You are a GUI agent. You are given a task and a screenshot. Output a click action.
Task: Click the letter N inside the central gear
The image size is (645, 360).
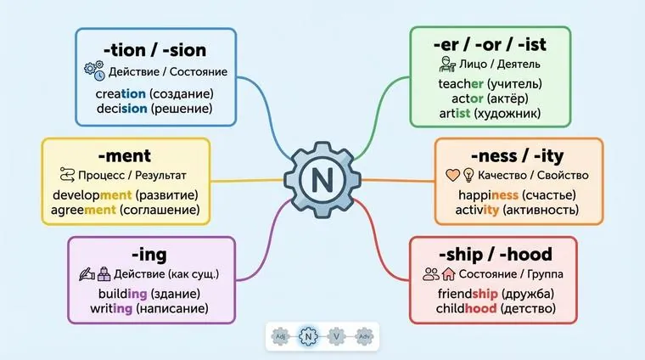[322, 180]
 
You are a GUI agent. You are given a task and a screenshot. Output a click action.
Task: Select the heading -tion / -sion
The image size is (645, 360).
[154, 50]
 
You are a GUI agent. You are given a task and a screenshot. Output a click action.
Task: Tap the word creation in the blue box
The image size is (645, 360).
[121, 93]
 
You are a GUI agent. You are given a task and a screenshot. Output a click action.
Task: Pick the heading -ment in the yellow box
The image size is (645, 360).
[124, 155]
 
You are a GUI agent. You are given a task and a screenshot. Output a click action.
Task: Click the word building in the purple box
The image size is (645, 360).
[123, 293]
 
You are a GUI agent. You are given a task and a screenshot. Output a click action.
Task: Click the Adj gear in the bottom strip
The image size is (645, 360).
[281, 335]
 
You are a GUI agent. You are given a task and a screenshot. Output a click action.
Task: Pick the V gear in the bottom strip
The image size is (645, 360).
[338, 335]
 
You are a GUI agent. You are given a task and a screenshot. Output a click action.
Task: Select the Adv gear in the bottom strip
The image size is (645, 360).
[365, 335]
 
